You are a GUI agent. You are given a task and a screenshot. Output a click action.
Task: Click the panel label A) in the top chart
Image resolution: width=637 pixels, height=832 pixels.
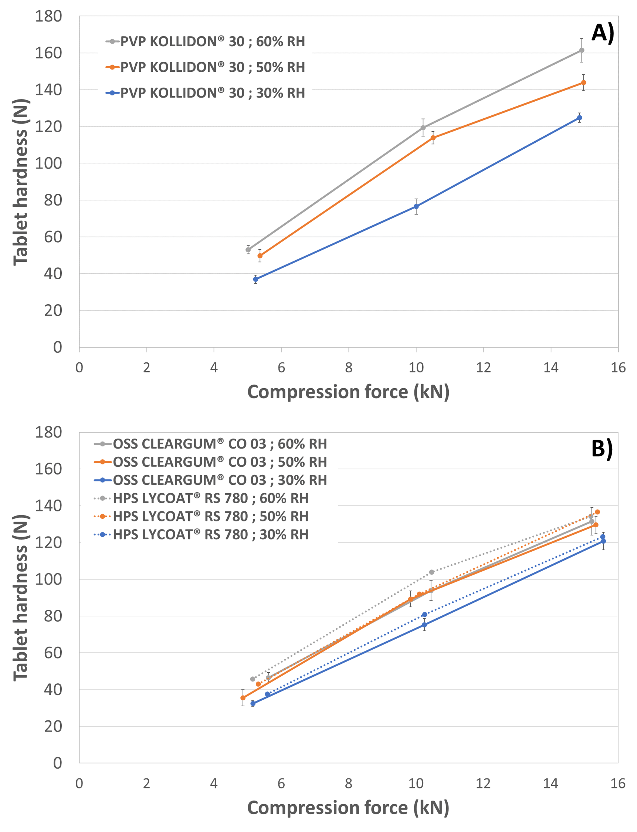pyautogui.click(x=603, y=33)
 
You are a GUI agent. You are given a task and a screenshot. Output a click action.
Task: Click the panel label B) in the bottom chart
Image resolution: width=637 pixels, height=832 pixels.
pyautogui.click(x=602, y=449)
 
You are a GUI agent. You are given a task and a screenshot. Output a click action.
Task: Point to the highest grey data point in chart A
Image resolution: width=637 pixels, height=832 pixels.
pyautogui.click(x=581, y=50)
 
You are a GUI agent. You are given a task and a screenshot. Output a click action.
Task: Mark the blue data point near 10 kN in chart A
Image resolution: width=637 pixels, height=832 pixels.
pyautogui.click(x=416, y=207)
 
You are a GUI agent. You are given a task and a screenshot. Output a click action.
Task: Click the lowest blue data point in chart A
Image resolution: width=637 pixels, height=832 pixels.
pyautogui.click(x=255, y=280)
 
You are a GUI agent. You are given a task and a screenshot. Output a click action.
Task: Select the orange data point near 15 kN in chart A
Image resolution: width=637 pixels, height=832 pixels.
pyautogui.click(x=583, y=83)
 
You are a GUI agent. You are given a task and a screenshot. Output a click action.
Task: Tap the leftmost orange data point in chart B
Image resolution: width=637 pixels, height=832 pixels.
pyautogui.click(x=243, y=698)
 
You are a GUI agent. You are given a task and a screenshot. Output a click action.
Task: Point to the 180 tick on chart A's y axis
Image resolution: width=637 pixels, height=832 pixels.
pyautogui.click(x=48, y=16)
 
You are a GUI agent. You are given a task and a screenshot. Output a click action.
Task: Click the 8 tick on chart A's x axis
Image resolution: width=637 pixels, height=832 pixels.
pyautogui.click(x=349, y=368)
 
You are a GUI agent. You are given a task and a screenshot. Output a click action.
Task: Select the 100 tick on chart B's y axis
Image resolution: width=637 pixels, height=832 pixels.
pyautogui.click(x=48, y=579)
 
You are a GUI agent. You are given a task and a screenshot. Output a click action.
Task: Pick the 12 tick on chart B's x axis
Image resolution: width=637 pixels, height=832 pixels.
pyautogui.click(x=483, y=784)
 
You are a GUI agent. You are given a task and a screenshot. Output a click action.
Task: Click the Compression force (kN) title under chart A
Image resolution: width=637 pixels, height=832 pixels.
pyautogui.click(x=348, y=392)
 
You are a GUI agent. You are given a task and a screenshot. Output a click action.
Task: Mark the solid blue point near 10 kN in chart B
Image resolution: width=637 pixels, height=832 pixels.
pyautogui.click(x=424, y=625)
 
